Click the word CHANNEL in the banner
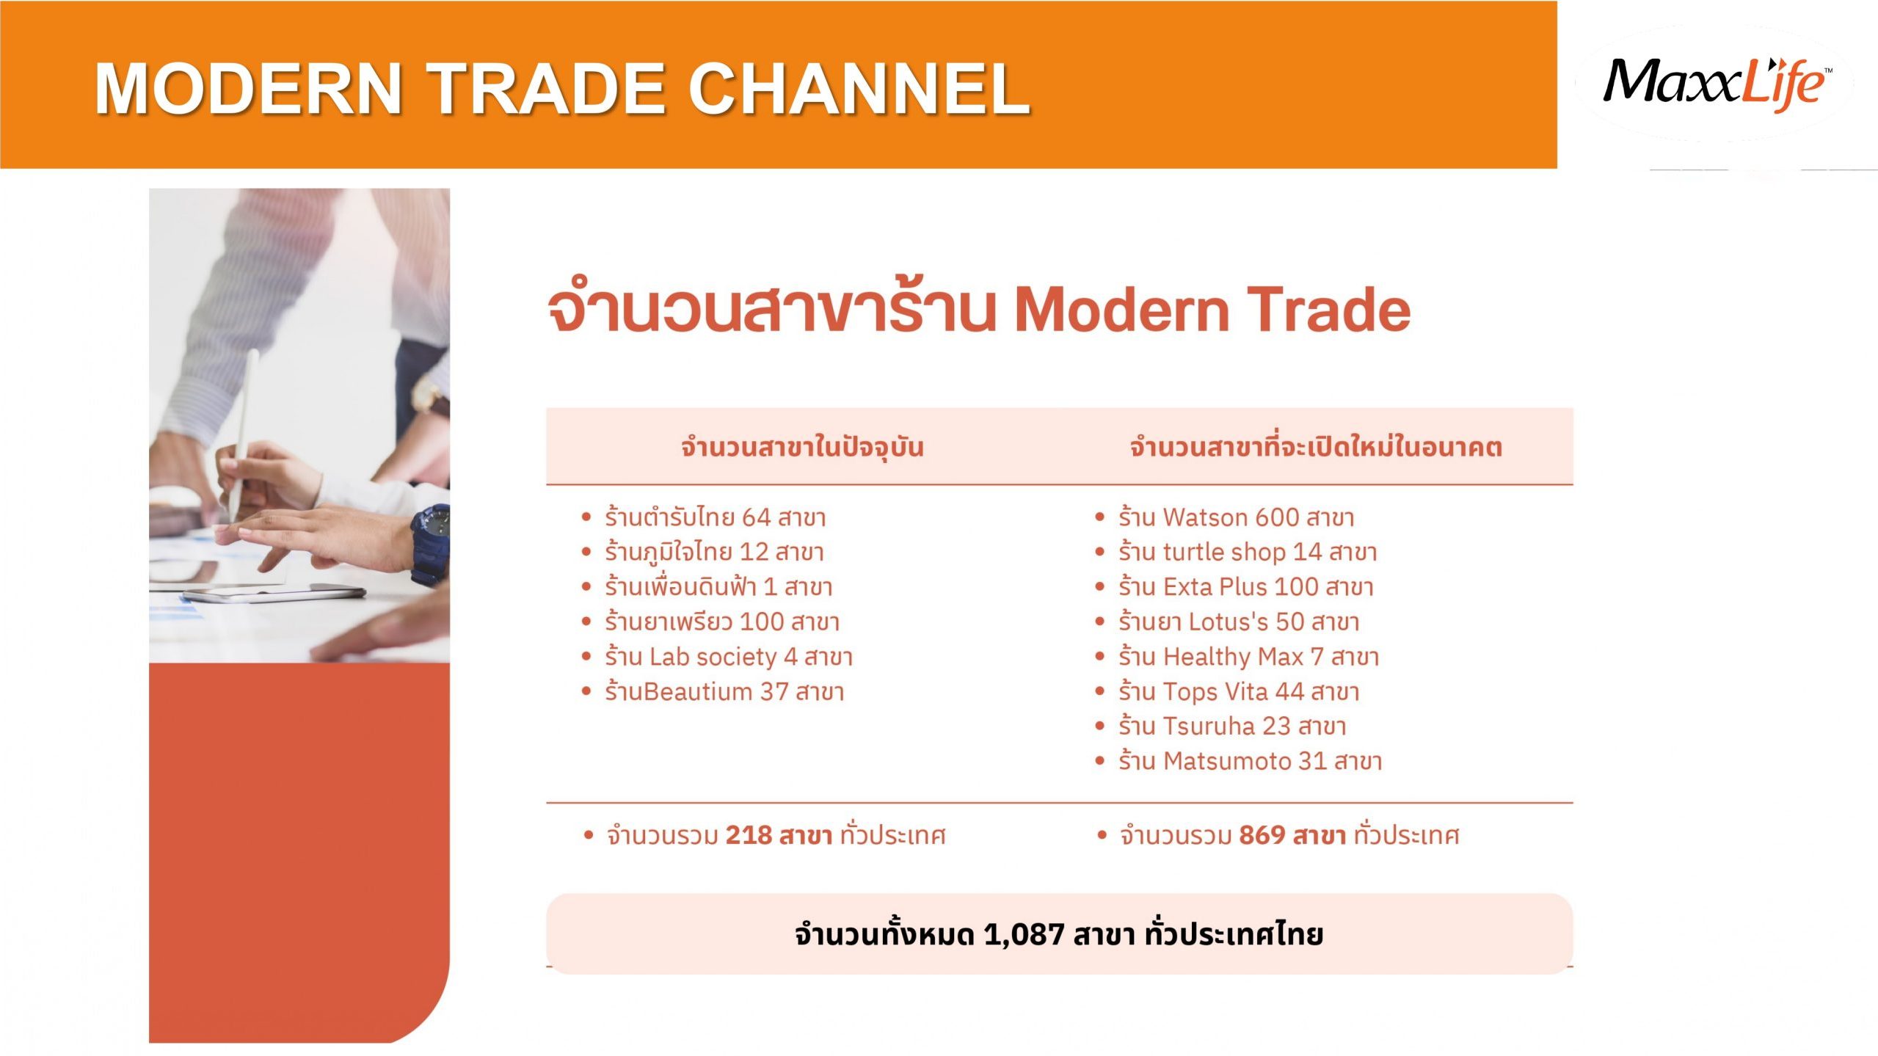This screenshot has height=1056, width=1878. [859, 88]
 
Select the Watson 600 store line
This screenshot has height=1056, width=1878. [1236, 517]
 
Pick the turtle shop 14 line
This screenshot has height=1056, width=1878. [1248, 551]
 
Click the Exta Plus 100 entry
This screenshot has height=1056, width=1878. [1245, 586]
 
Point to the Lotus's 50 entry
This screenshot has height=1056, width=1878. [1239, 622]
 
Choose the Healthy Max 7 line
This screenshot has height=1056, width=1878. [1248, 656]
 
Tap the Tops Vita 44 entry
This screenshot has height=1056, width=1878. [1239, 691]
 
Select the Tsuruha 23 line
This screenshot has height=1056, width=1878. [1232, 726]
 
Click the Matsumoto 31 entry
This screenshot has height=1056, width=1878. [1250, 761]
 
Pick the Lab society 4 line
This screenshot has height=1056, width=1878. [729, 656]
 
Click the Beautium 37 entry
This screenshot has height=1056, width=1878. [724, 691]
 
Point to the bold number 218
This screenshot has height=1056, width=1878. [749, 835]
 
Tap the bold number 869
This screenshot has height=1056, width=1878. [1262, 835]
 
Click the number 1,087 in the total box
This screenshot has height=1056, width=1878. [1024, 934]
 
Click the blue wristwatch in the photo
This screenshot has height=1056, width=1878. [432, 542]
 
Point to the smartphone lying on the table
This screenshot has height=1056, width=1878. [273, 593]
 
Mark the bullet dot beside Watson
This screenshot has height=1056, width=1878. [1099, 517]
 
